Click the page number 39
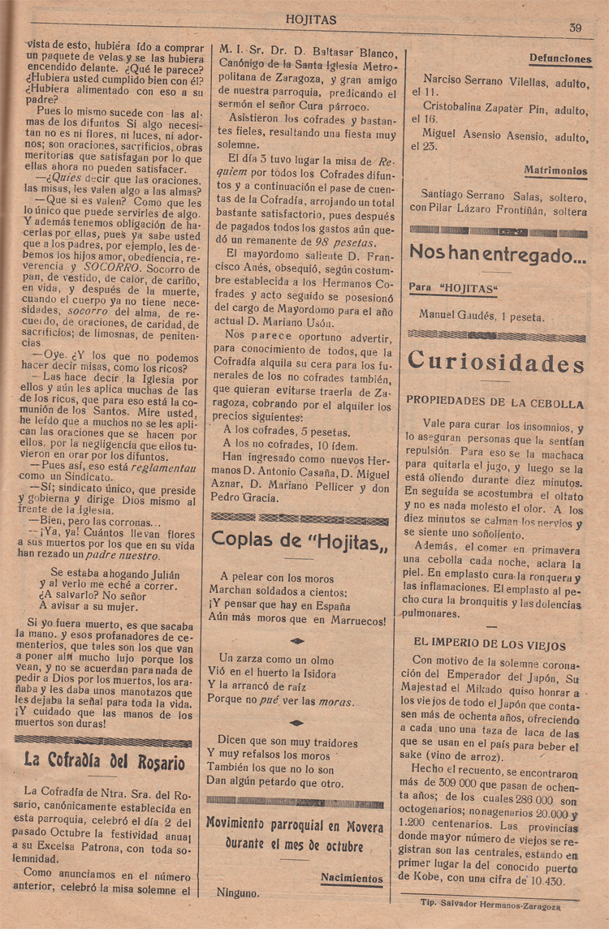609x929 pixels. [575, 27]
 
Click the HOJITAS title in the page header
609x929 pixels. [311, 19]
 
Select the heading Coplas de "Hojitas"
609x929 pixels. [300, 537]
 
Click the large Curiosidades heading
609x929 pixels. [496, 361]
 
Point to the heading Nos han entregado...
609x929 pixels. [497, 252]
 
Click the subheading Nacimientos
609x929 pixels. [352, 878]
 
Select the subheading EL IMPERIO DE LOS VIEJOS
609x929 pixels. [489, 645]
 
